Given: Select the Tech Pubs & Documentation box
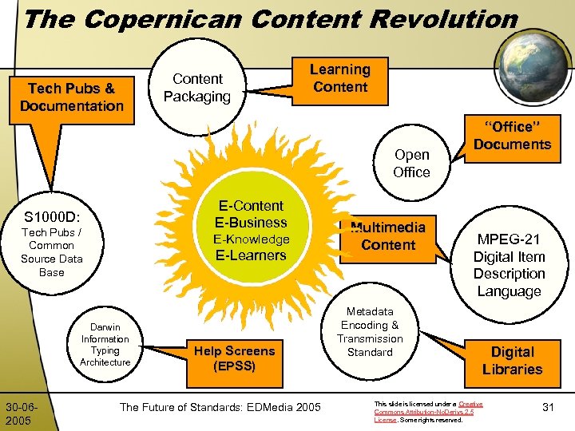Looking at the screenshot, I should tap(72, 97).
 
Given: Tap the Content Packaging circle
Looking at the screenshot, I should tap(197, 88).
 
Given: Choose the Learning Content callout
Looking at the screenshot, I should tap(340, 78).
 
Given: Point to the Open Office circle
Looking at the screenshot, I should tap(411, 163).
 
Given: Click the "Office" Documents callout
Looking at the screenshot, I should tap(512, 136).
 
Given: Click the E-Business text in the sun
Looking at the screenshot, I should tap(252, 223).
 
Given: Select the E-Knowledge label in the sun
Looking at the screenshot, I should tap(251, 239).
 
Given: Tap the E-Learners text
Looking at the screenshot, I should tap(251, 255).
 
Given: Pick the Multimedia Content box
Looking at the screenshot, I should tap(388, 236).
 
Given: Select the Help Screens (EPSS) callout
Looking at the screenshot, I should tap(234, 358).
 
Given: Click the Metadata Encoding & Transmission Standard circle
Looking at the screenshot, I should tap(370, 331).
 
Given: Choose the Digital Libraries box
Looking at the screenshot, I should tap(512, 360).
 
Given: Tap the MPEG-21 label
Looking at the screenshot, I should tap(509, 239).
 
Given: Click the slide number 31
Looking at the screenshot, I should tap(548, 408).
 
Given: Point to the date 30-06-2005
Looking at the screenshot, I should tap(20, 413).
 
